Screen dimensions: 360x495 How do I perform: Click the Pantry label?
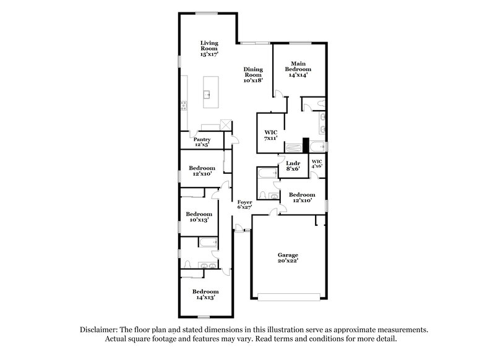pyautogui.click(x=202, y=142)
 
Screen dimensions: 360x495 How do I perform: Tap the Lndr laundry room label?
pyautogui.click(x=293, y=166)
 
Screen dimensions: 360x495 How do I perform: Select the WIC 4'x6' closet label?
pyautogui.click(x=317, y=163)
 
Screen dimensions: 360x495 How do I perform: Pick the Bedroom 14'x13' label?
pyautogui.click(x=205, y=294)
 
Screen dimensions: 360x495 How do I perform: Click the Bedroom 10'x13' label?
pyautogui.click(x=199, y=217)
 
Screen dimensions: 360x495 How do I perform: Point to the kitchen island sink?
pyautogui.click(x=209, y=95)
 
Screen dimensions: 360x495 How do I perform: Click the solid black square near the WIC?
pyautogui.click(x=305, y=145)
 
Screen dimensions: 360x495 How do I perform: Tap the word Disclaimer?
pyautogui.click(x=101, y=330)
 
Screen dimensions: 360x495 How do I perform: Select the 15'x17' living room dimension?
pyautogui.click(x=209, y=54)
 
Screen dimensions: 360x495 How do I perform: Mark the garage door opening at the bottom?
pyautogui.click(x=290, y=298)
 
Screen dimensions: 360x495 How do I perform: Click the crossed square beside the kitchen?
pyautogui.click(x=227, y=126)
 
